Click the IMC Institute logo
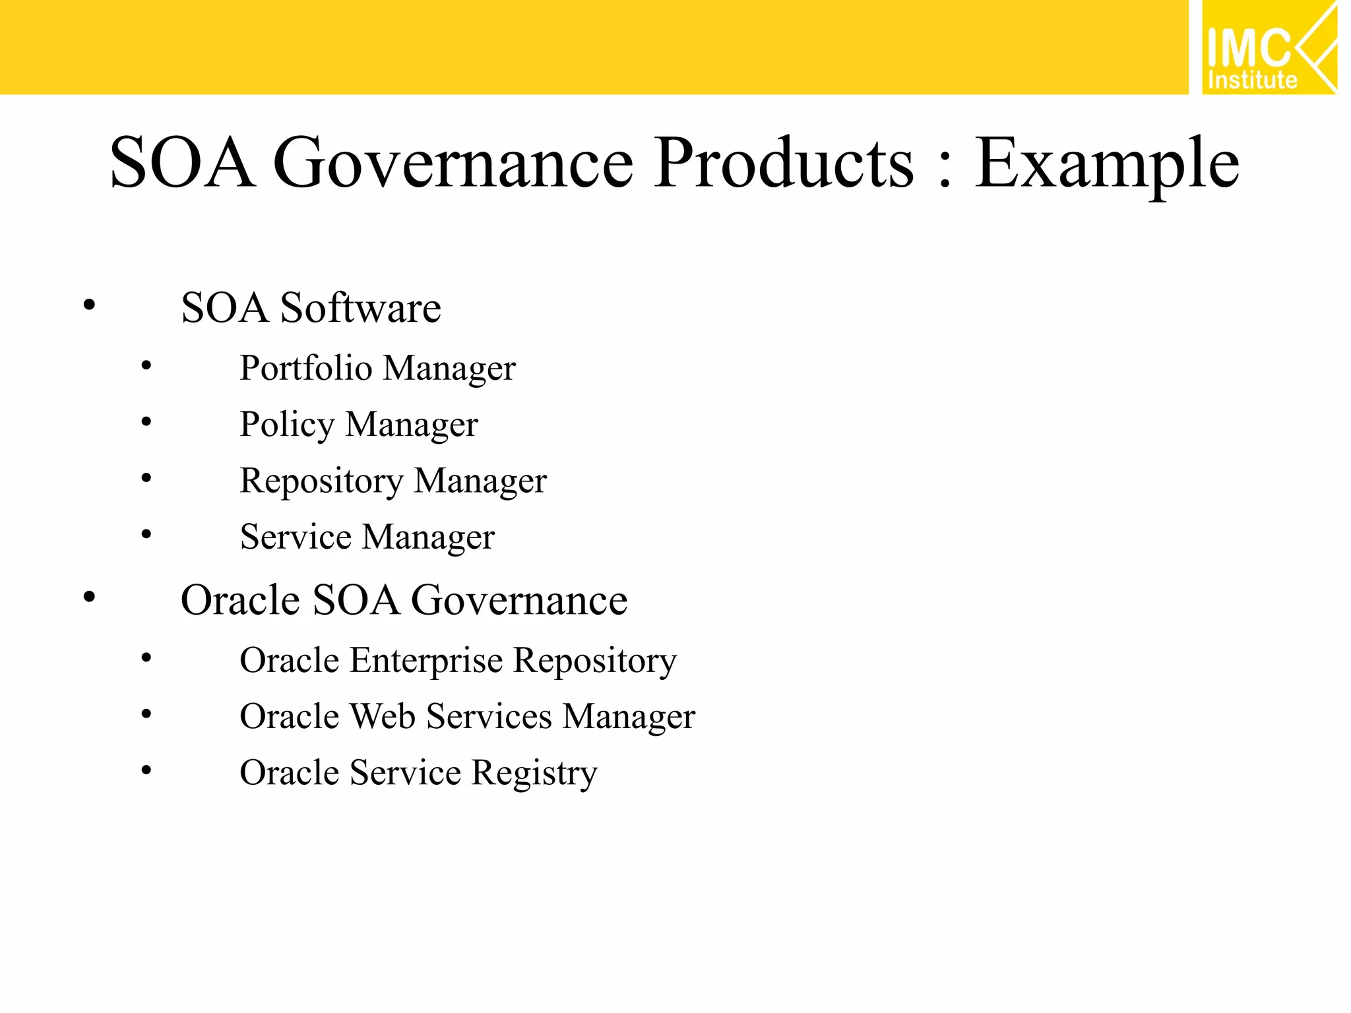[1269, 47]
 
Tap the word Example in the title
[1106, 164]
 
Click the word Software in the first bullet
[360, 307]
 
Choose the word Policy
[287, 424]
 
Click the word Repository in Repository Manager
[321, 481]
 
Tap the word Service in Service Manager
[296, 536]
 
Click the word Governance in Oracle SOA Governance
[519, 600]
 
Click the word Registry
[534, 773]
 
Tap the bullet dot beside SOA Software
[90, 305]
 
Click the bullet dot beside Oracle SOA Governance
[90, 598]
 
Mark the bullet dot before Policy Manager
[146, 421]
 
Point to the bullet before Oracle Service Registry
[146, 770]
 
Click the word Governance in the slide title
[453, 163]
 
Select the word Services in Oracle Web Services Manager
[489, 716]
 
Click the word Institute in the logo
[1252, 80]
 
